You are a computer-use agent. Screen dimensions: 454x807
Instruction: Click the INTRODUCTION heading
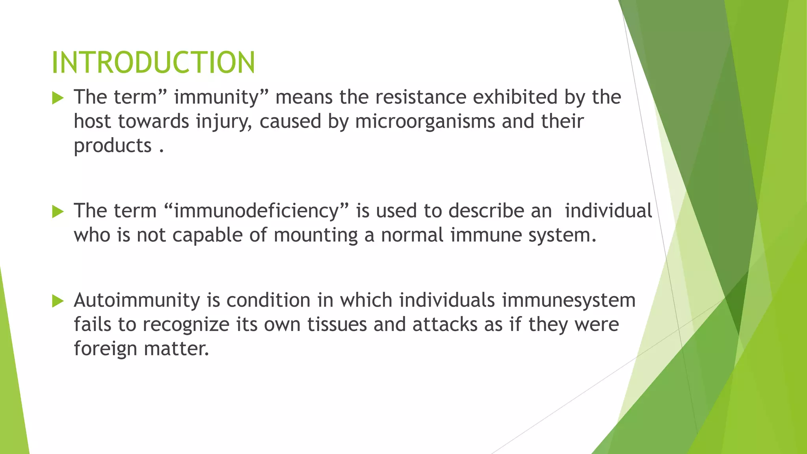coord(153,63)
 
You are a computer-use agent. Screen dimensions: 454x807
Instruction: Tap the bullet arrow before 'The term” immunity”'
coord(58,98)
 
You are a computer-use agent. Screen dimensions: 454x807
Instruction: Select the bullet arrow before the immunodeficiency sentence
coord(58,212)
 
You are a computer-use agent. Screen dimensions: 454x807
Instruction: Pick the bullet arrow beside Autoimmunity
coord(58,301)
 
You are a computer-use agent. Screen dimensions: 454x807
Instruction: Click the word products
coord(113,145)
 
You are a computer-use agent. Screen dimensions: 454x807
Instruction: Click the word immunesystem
coord(568,301)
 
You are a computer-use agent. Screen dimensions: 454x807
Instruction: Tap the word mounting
coord(316,236)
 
